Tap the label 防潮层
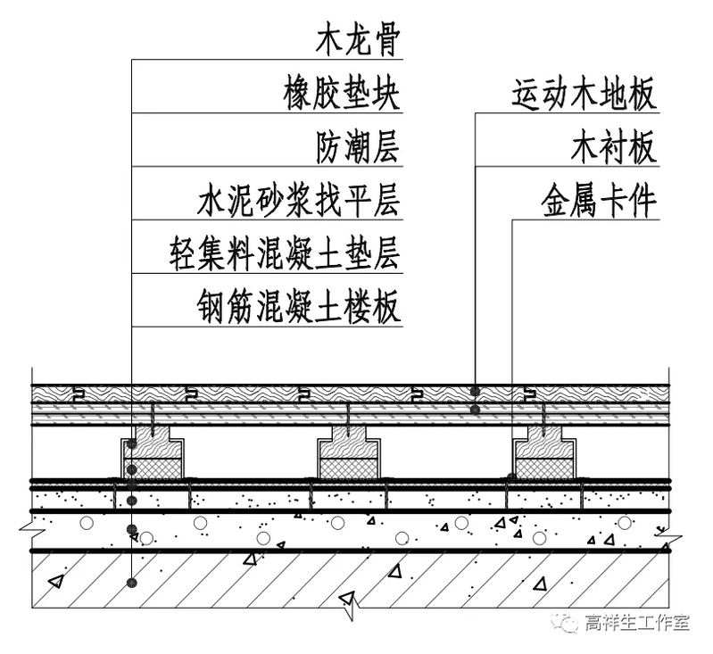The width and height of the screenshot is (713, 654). pyautogui.click(x=357, y=147)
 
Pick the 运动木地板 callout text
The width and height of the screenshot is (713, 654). pyautogui.click(x=584, y=94)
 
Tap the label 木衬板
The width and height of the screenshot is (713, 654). pyautogui.click(x=614, y=147)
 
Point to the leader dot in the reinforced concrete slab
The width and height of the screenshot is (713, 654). pyautogui.click(x=131, y=584)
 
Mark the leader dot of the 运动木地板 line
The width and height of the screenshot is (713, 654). pyautogui.click(x=476, y=392)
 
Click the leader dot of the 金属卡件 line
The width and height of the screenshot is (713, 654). pyautogui.click(x=510, y=478)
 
